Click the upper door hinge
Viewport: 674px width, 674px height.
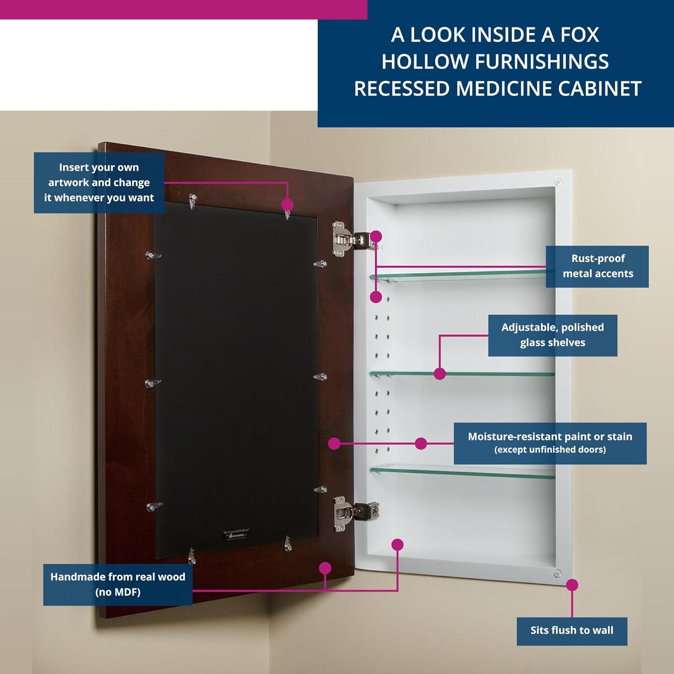[346, 239]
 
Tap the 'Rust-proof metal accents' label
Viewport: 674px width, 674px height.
[597, 266]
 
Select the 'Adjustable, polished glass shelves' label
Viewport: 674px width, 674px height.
[552, 335]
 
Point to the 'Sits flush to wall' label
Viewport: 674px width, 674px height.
[572, 630]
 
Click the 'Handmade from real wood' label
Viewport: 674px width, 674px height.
[118, 585]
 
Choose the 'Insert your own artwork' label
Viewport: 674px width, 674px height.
[99, 183]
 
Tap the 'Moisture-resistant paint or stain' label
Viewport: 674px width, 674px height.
[550, 443]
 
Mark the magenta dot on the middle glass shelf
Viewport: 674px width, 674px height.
[440, 373]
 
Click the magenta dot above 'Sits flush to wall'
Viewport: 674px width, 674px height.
[572, 585]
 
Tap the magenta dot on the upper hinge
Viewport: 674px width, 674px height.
[376, 236]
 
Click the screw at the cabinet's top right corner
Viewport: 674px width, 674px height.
[559, 182]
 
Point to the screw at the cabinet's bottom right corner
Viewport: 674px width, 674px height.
[558, 573]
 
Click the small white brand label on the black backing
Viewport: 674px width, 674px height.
[235, 535]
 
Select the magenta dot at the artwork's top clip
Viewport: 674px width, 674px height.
[288, 205]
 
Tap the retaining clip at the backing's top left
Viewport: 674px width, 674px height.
[193, 201]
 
